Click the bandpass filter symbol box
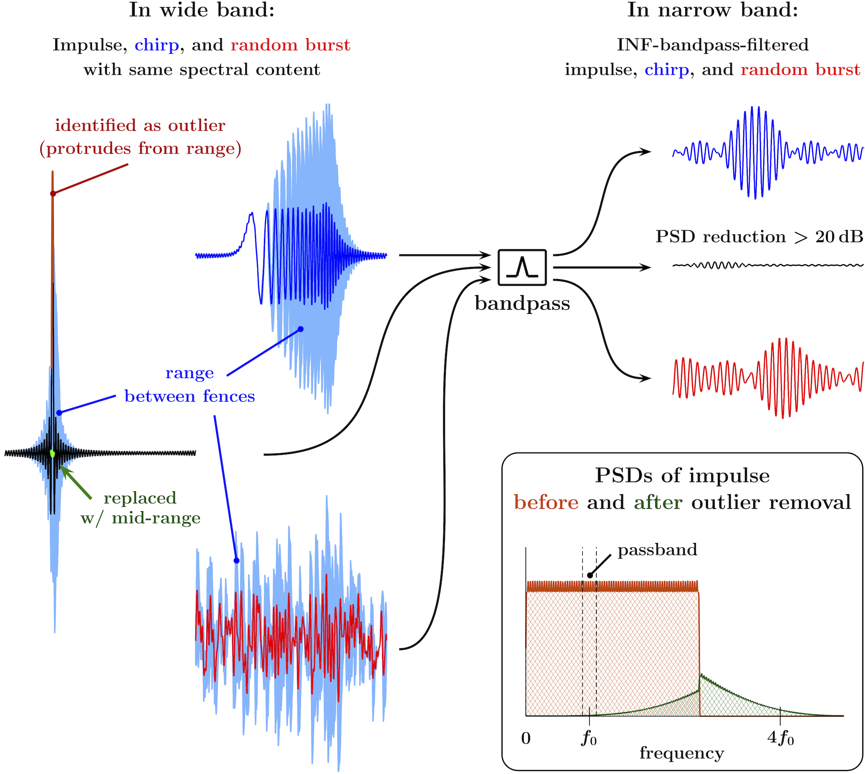[x=522, y=267]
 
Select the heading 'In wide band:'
[x=201, y=10]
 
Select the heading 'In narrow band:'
[x=712, y=10]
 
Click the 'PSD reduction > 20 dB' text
[x=759, y=237]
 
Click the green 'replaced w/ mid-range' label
[x=140, y=508]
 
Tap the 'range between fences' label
[x=190, y=385]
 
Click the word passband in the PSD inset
[x=657, y=550]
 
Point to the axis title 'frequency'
[x=682, y=754]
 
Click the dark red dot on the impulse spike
[x=53, y=193]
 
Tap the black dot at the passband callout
[x=589, y=575]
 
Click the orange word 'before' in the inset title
[x=546, y=502]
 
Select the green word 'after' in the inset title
[x=658, y=502]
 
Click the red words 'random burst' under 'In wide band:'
[x=290, y=45]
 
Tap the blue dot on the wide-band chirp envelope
[x=301, y=329]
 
